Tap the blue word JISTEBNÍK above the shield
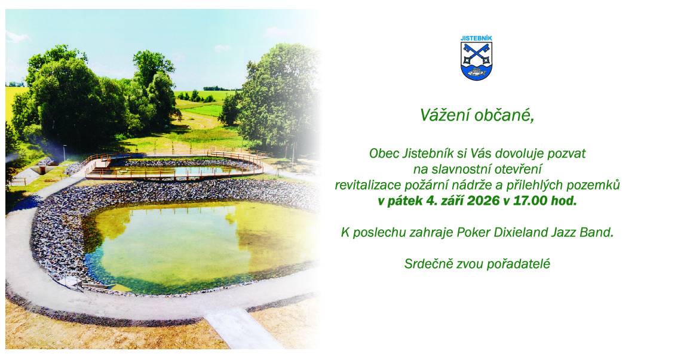point(476,38)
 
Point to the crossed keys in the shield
point(476,54)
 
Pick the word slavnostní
point(453,170)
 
